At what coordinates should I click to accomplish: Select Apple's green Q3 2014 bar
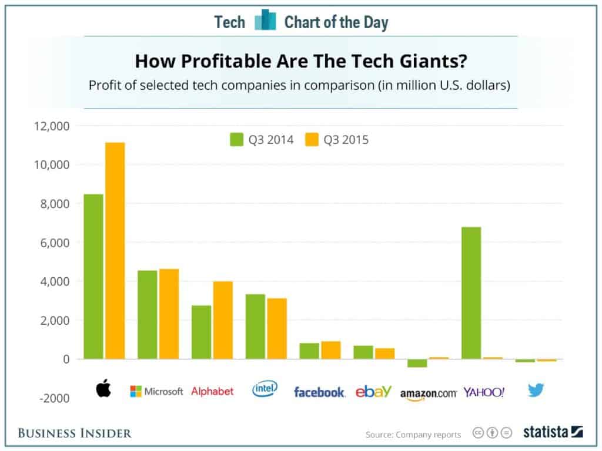pyautogui.click(x=93, y=276)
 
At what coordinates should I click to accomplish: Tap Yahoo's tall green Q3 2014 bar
pyautogui.click(x=471, y=292)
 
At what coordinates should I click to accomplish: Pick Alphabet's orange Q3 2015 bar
pyautogui.click(x=223, y=320)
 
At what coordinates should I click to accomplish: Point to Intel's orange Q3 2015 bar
pyautogui.click(x=277, y=328)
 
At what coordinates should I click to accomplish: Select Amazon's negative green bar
pyautogui.click(x=417, y=363)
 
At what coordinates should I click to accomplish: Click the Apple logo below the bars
pyautogui.click(x=103, y=389)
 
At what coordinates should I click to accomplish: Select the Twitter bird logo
pyautogui.click(x=536, y=390)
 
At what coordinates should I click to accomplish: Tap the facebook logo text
pyautogui.click(x=319, y=392)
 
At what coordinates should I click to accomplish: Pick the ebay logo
pyautogui.click(x=373, y=391)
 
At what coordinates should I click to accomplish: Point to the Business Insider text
pyautogui.click(x=75, y=433)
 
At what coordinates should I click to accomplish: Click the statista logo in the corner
pyautogui.click(x=553, y=432)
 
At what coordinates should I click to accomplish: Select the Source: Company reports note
pyautogui.click(x=413, y=435)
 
